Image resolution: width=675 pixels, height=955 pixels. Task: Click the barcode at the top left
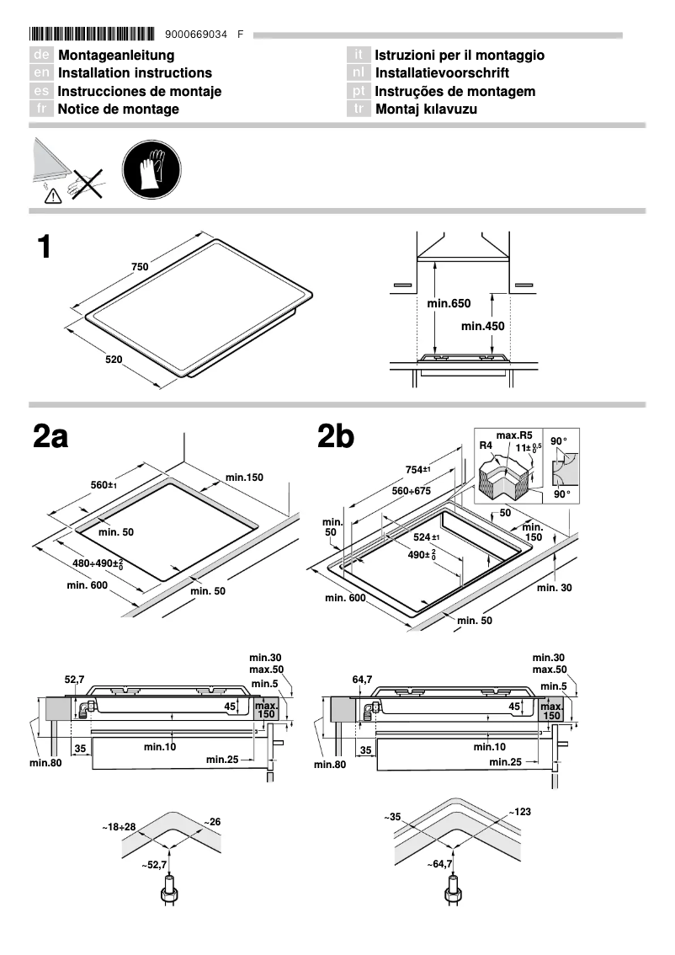[92, 35]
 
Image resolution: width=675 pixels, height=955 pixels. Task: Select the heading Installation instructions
[135, 73]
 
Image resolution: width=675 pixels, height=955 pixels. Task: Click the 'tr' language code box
[359, 109]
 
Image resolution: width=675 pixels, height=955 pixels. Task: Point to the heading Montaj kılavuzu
[427, 109]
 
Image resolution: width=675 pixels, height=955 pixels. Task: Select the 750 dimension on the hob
[140, 267]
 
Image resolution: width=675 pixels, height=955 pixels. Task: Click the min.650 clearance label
[449, 303]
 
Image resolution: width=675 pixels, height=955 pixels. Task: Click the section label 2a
[50, 437]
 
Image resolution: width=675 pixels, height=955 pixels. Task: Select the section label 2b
[336, 437]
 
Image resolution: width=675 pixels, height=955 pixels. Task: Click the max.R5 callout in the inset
[512, 435]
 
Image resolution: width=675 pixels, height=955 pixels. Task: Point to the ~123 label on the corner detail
[520, 812]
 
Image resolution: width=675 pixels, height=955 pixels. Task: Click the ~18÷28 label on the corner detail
[119, 829]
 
